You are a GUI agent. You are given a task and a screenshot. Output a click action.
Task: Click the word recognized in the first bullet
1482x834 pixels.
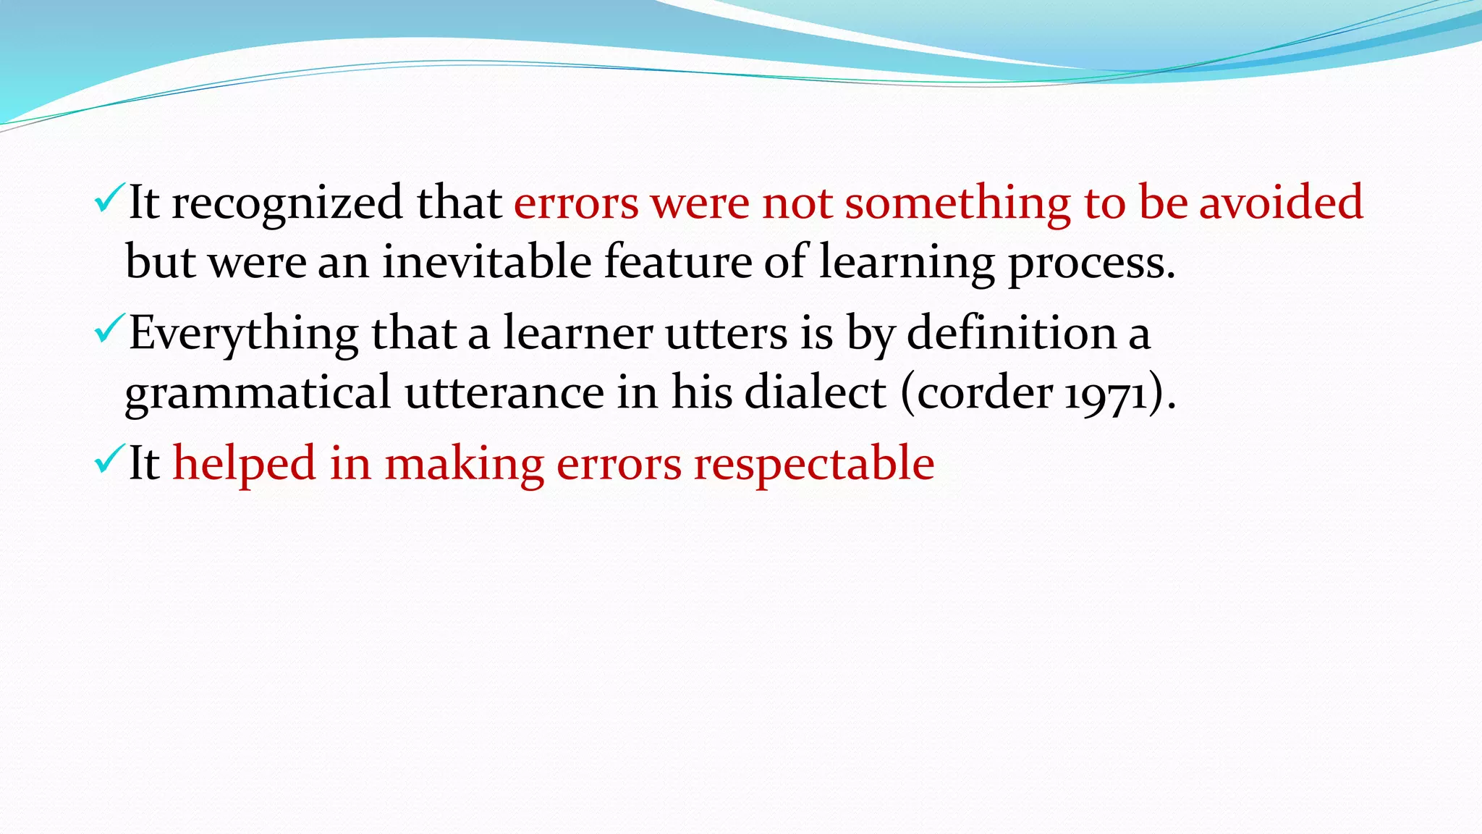pyautogui.click(x=287, y=203)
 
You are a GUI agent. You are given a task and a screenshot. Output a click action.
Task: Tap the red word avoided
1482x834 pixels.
pyautogui.click(x=1281, y=202)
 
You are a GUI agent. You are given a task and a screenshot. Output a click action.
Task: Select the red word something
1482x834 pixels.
pyautogui.click(x=957, y=203)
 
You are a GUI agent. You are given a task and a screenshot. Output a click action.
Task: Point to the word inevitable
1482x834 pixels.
pyautogui.click(x=487, y=261)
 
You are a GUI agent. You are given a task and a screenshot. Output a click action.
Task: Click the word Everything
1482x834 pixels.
pyautogui.click(x=244, y=334)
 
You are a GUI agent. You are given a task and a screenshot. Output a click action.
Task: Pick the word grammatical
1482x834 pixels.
pyautogui.click(x=258, y=393)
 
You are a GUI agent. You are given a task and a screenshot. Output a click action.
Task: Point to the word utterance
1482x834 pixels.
pyautogui.click(x=504, y=392)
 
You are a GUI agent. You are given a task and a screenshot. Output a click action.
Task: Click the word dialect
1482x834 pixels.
pyautogui.click(x=815, y=392)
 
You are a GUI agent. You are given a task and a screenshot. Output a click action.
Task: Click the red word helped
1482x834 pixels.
pyautogui.click(x=244, y=463)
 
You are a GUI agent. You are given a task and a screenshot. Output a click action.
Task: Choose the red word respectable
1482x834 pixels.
pyautogui.click(x=814, y=464)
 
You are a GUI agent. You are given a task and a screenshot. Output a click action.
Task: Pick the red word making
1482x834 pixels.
pyautogui.click(x=464, y=464)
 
